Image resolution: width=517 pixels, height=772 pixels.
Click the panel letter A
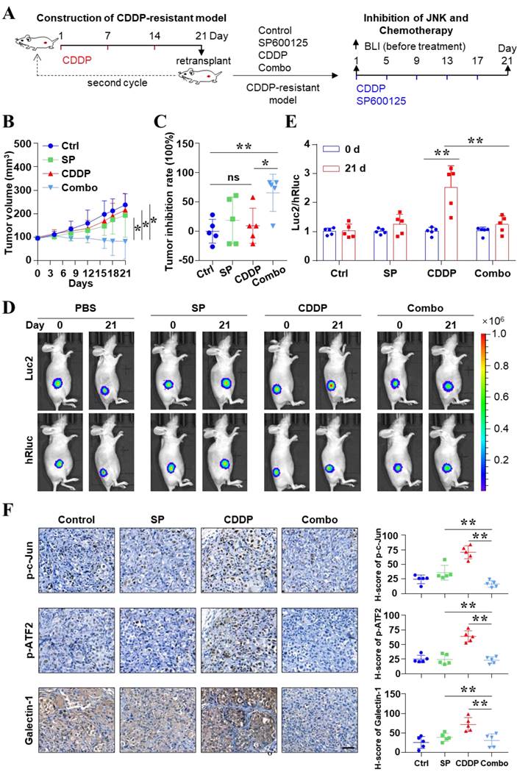pos(10,12)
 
